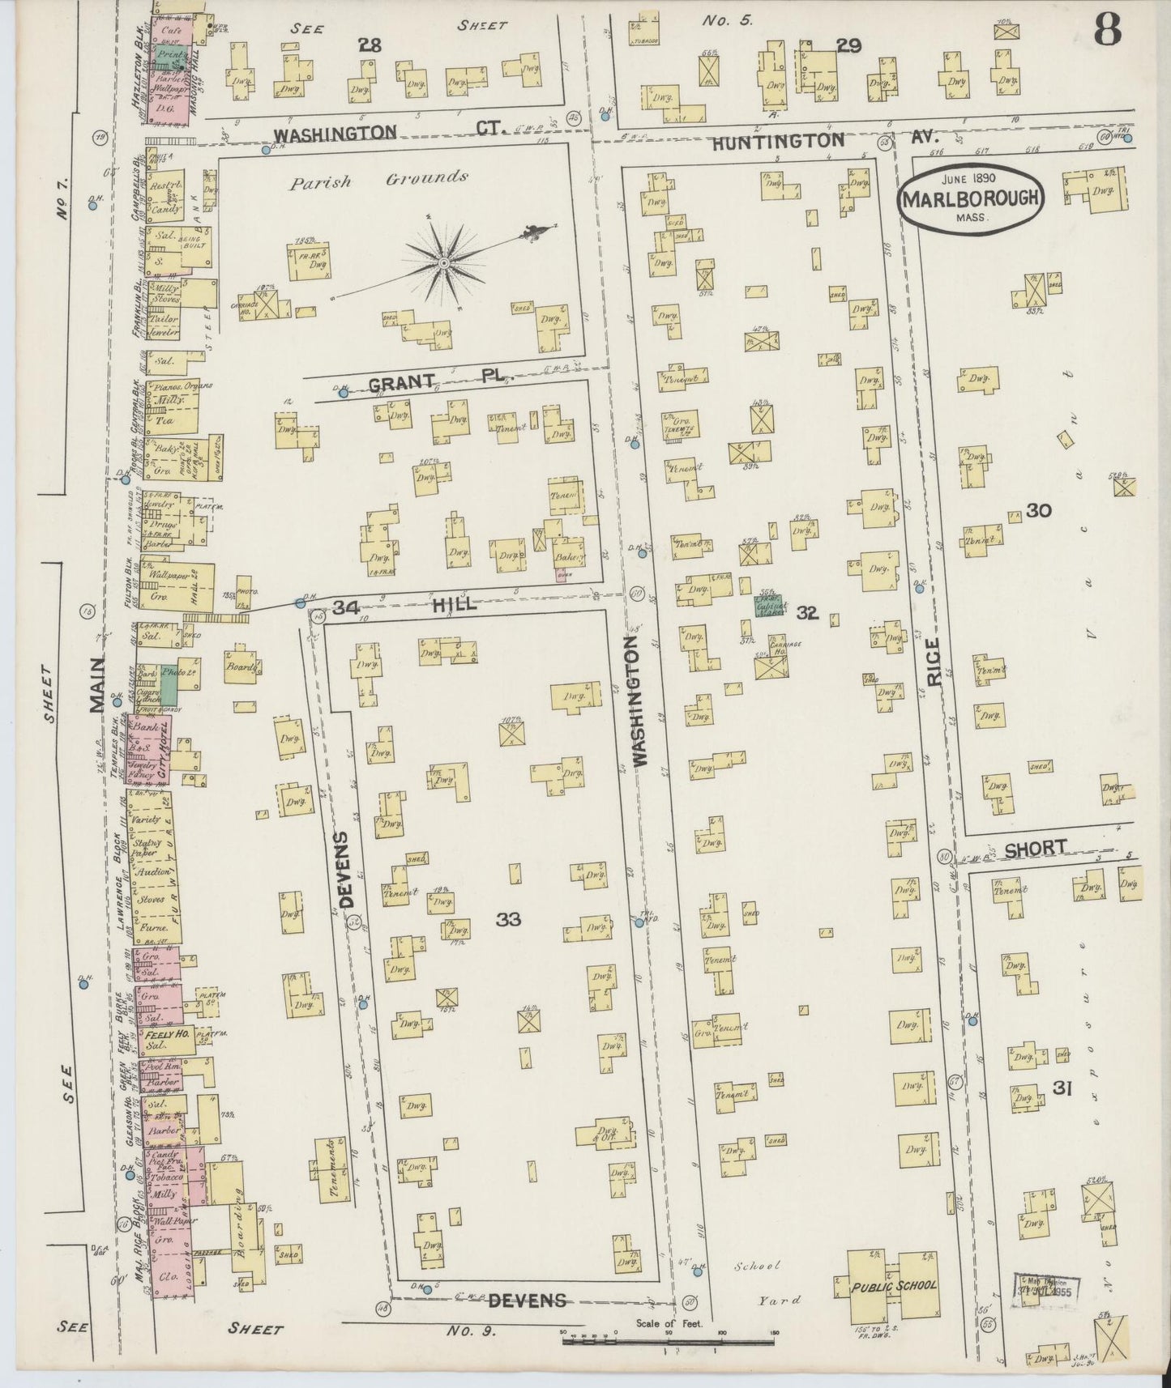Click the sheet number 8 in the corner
[x=1108, y=32]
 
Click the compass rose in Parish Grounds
[x=444, y=263]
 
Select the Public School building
[x=895, y=1284]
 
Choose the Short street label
[x=1036, y=848]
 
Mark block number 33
[x=508, y=918]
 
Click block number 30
[x=1038, y=510]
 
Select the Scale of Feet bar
[x=669, y=1341]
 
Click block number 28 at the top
[x=370, y=45]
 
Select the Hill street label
[x=453, y=604]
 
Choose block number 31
[x=1062, y=1089]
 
